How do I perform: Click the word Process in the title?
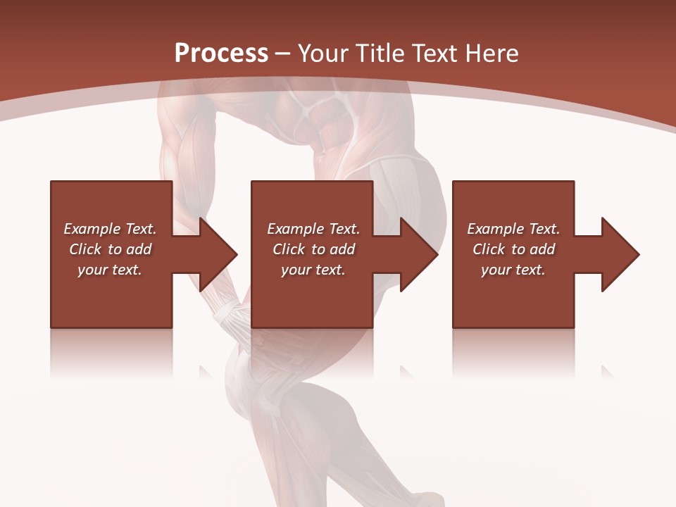click(x=221, y=54)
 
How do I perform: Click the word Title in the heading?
click(x=378, y=54)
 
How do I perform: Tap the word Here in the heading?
click(x=491, y=54)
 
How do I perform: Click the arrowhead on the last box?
click(x=619, y=254)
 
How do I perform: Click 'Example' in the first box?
click(x=92, y=229)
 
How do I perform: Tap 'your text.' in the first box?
click(x=110, y=270)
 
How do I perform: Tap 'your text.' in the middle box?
click(x=313, y=270)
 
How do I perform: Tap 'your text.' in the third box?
click(x=513, y=270)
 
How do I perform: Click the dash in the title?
click(x=283, y=54)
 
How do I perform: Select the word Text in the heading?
click(x=434, y=54)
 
